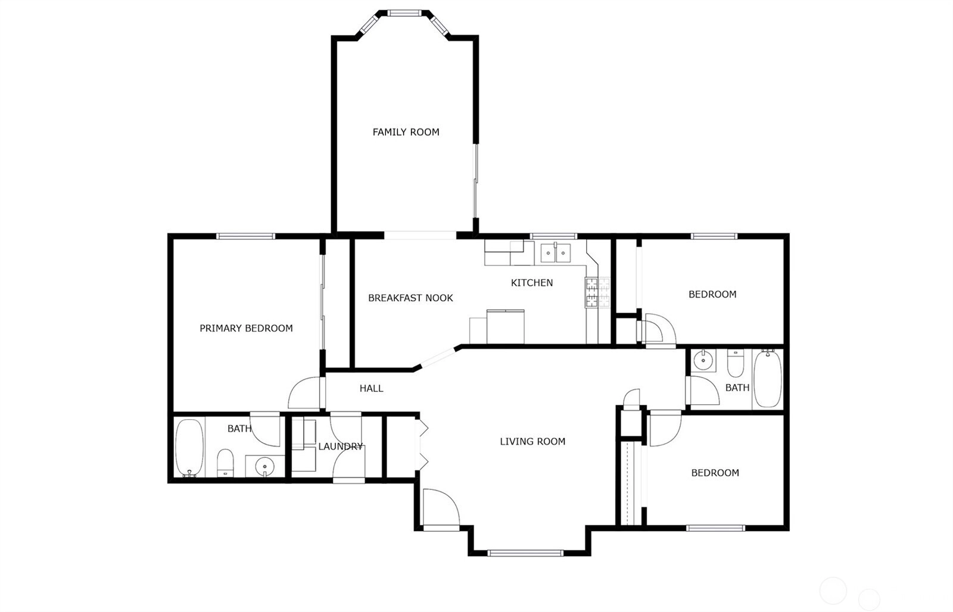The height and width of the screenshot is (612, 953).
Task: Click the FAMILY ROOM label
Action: pyautogui.click(x=406, y=132)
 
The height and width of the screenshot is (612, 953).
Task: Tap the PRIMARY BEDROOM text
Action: pyautogui.click(x=247, y=329)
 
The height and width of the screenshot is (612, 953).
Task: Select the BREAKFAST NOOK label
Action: pyautogui.click(x=410, y=298)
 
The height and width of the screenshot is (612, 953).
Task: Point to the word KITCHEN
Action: pyautogui.click(x=532, y=283)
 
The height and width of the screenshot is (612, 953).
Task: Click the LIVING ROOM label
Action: pyautogui.click(x=532, y=442)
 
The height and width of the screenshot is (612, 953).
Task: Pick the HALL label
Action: pyautogui.click(x=372, y=388)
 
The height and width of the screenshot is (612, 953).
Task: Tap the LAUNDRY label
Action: pyautogui.click(x=340, y=446)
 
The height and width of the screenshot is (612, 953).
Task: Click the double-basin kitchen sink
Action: pyautogui.click(x=556, y=253)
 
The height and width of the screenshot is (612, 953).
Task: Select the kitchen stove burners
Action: pyautogui.click(x=597, y=292)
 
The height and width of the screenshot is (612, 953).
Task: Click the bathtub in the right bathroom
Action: pyautogui.click(x=768, y=379)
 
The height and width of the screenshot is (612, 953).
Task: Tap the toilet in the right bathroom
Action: pyautogui.click(x=736, y=363)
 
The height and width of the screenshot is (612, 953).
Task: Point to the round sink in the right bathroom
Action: pyautogui.click(x=703, y=361)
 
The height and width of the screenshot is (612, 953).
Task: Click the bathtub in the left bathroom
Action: pyautogui.click(x=190, y=448)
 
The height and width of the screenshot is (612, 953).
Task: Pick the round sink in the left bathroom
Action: pyautogui.click(x=264, y=466)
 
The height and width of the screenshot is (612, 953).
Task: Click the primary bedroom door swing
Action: pyautogui.click(x=304, y=393)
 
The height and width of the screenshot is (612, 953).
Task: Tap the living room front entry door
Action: pyautogui.click(x=441, y=509)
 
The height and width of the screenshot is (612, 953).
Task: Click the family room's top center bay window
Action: pyautogui.click(x=404, y=13)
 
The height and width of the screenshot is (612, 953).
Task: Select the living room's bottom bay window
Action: pyautogui.click(x=525, y=553)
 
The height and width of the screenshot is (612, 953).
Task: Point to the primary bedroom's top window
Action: pyautogui.click(x=246, y=236)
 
